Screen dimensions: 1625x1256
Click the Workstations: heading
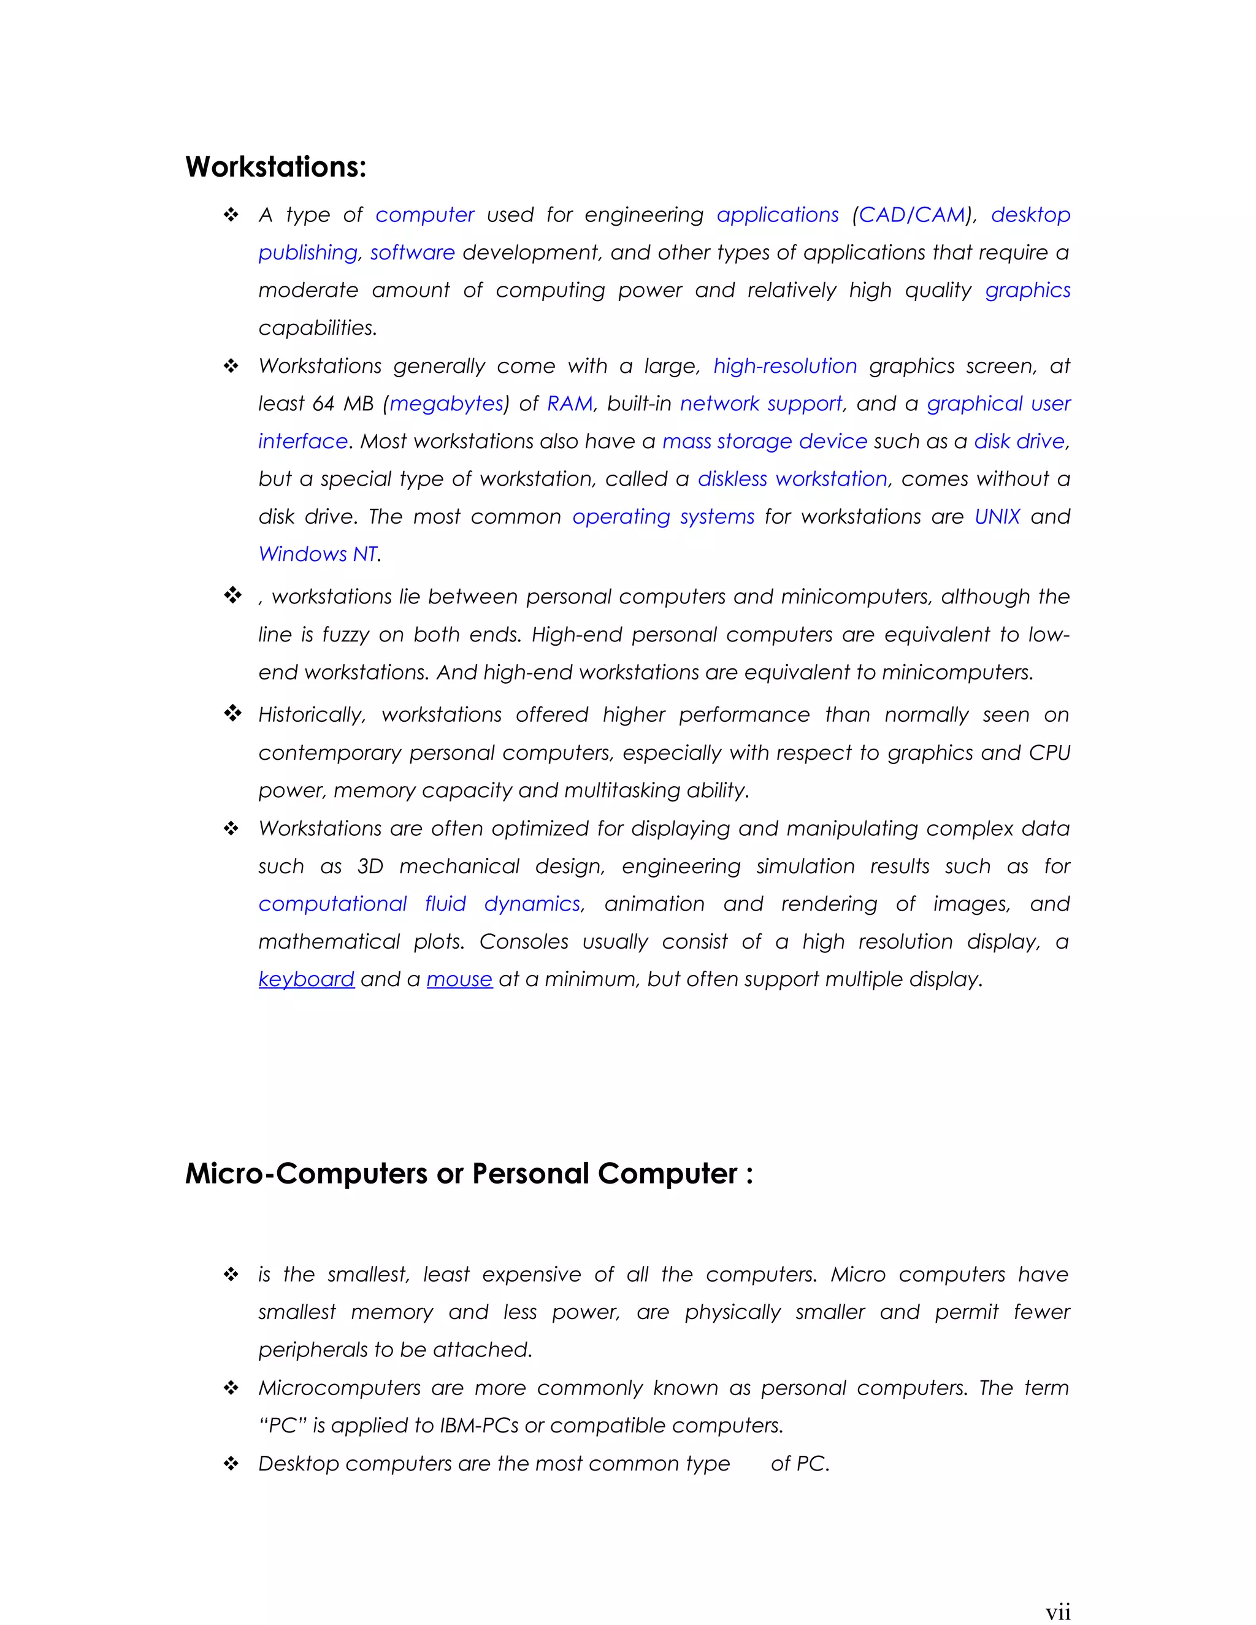[275, 167]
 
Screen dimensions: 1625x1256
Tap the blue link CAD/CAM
[911, 215]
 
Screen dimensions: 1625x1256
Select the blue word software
[412, 253]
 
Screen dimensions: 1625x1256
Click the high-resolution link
[785, 366]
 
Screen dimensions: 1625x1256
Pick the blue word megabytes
[446, 404]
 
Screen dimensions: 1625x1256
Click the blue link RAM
[569, 404]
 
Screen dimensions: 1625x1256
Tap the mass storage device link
[764, 442]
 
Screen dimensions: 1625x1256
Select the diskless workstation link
[792, 479]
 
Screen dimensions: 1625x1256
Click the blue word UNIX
[997, 516]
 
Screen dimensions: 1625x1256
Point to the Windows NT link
[318, 554]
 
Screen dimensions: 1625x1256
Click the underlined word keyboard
[306, 979]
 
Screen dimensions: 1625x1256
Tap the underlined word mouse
[459, 979]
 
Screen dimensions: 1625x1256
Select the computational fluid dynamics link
[419, 904]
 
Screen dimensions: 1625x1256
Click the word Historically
[311, 715]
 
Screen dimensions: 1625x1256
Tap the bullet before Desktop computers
[231, 1464]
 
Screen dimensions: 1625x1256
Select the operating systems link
[663, 516]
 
